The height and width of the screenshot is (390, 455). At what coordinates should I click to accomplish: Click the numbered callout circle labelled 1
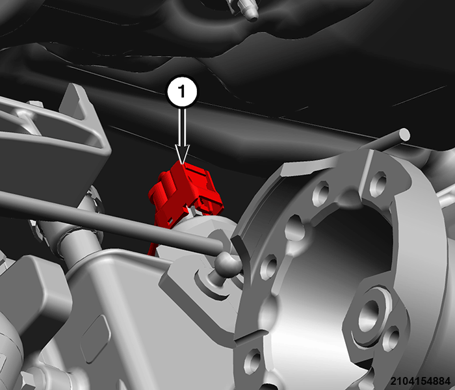(x=182, y=92)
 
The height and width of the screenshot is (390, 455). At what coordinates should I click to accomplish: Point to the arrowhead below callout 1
(x=182, y=154)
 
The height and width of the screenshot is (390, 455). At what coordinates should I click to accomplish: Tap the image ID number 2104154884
(x=420, y=381)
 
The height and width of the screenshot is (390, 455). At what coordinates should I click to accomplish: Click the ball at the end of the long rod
(x=227, y=263)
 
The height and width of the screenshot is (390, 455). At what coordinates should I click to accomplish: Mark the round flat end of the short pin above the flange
(x=404, y=135)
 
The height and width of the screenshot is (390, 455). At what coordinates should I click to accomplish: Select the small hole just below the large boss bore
(x=391, y=339)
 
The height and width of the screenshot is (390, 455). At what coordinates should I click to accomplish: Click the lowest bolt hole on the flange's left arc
(x=252, y=361)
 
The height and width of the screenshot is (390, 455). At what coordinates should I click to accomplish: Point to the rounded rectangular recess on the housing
(x=96, y=339)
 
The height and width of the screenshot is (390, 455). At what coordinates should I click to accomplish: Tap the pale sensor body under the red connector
(x=200, y=232)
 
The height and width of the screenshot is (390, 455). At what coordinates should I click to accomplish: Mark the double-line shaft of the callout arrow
(x=182, y=126)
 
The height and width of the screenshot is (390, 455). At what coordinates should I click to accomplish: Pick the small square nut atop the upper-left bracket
(x=35, y=105)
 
